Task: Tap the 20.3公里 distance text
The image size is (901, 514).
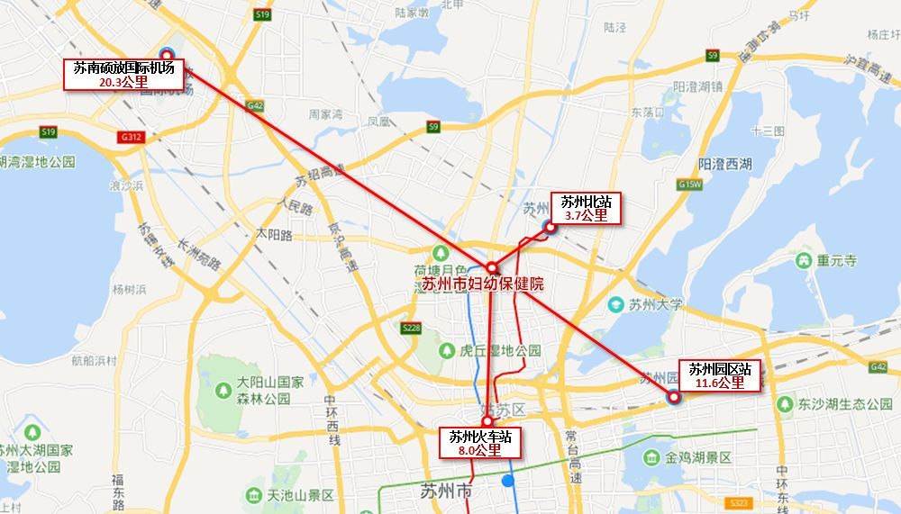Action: point(123,82)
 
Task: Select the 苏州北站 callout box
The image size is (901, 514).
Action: point(586,208)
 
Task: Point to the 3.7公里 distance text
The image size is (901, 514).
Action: point(586,216)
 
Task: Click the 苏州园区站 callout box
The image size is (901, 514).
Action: point(720,375)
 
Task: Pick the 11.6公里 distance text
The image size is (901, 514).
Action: point(720,383)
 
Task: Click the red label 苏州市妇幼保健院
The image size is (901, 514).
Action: point(483,284)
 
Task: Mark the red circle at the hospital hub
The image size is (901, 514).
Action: point(492,268)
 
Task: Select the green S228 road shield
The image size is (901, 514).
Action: point(412,329)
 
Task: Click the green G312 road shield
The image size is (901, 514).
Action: point(128,138)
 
